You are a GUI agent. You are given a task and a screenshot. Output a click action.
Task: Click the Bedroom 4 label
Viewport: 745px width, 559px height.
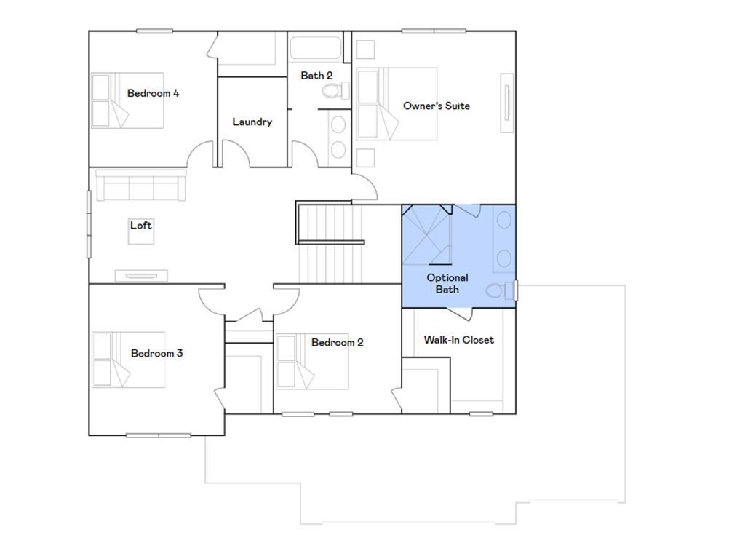[153, 93]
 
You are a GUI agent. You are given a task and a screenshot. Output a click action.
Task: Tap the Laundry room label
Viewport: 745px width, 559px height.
[252, 122]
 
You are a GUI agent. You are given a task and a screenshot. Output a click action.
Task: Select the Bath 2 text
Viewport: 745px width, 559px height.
[316, 75]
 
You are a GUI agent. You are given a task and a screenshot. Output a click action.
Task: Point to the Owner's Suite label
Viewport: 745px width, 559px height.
[437, 106]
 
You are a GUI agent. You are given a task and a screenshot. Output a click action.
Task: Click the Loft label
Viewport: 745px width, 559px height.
[141, 225]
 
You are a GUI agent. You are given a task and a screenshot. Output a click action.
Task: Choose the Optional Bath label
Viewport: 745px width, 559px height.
[447, 283]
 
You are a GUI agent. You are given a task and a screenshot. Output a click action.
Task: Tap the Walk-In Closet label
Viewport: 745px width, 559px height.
[458, 339]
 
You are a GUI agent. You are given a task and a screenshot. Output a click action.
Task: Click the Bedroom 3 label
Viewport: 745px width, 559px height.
[156, 353]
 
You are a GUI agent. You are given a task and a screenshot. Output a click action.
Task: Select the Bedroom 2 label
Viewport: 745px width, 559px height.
[337, 342]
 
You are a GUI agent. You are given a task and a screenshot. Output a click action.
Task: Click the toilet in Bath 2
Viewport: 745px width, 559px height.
[336, 91]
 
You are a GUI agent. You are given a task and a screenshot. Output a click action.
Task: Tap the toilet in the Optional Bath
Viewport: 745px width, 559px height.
[497, 290]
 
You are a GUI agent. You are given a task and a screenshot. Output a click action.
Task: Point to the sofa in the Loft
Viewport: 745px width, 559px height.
[141, 186]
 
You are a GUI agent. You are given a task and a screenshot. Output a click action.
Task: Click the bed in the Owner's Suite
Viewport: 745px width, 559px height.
[397, 103]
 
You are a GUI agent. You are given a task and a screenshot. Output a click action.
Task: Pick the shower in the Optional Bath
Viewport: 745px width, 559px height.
[426, 235]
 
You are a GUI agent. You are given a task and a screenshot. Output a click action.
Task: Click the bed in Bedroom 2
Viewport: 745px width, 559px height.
[311, 362]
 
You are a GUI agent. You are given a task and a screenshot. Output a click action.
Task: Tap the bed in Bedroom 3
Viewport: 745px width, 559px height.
[128, 360]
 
